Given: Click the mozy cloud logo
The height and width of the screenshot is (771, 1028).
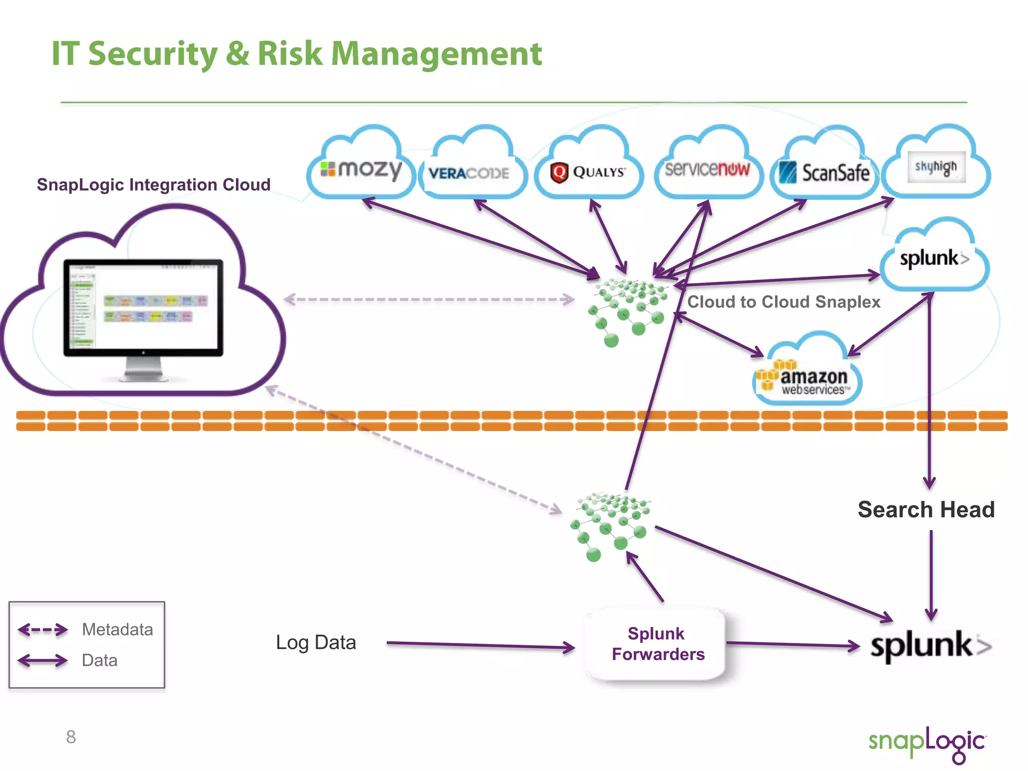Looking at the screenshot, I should (361, 170).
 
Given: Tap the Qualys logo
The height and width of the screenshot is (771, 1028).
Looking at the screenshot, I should (588, 172).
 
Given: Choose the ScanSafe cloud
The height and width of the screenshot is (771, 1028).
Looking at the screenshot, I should (825, 172).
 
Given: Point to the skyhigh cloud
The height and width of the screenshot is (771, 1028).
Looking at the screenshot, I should (936, 167).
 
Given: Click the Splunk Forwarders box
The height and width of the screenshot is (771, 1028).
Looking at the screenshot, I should (657, 644).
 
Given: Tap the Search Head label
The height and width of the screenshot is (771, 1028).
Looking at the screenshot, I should (926, 509).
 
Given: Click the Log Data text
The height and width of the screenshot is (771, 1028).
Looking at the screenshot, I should (316, 642).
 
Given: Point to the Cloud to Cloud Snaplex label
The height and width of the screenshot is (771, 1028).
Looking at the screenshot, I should (784, 302).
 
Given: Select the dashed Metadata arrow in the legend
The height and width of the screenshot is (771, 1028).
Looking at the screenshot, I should (43, 629).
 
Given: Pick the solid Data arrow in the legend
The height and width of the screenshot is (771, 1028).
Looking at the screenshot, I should (43, 660).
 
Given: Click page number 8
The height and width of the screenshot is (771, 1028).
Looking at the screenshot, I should (71, 737).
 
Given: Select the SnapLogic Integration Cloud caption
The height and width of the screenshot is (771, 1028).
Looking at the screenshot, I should (154, 185).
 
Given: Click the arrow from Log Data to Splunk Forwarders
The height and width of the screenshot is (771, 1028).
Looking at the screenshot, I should (479, 645).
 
